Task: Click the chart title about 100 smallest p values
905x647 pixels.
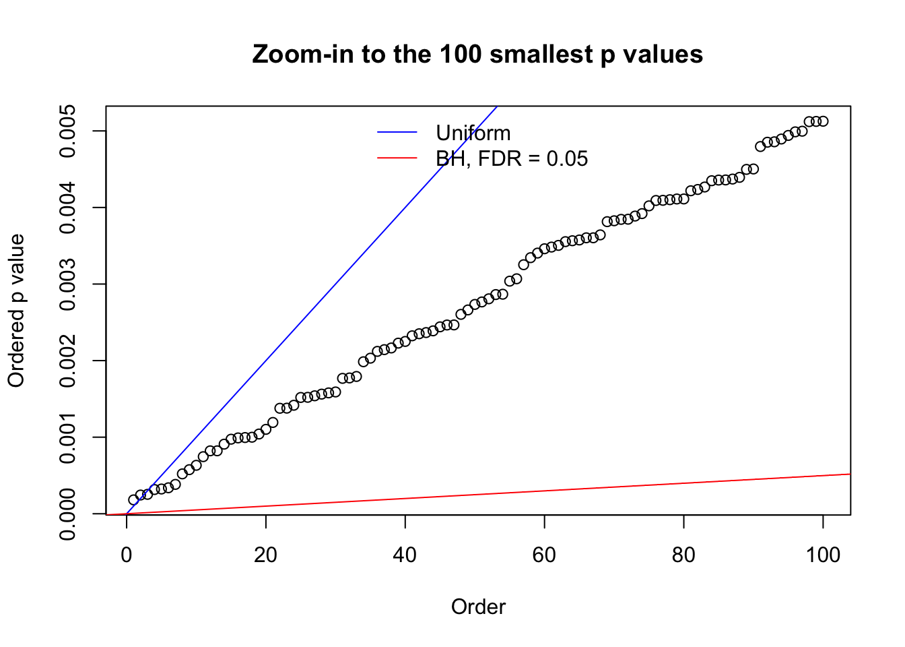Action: (x=477, y=54)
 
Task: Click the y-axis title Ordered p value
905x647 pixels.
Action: (x=16, y=311)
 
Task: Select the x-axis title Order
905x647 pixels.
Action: (x=478, y=607)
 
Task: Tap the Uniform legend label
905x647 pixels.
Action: (x=473, y=133)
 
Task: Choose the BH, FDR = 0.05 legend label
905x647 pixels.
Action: (x=512, y=158)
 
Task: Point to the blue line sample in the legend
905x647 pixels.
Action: (x=397, y=133)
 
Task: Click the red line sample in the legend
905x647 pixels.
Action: (x=397, y=158)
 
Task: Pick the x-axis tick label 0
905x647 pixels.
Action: (x=127, y=555)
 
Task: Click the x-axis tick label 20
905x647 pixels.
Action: (x=266, y=555)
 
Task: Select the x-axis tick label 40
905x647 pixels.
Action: (x=405, y=555)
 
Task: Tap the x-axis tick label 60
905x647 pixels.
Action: (x=544, y=555)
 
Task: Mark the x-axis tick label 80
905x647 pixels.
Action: (x=683, y=555)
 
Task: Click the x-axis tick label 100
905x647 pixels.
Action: (x=823, y=555)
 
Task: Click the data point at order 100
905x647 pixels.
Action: (x=823, y=121)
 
